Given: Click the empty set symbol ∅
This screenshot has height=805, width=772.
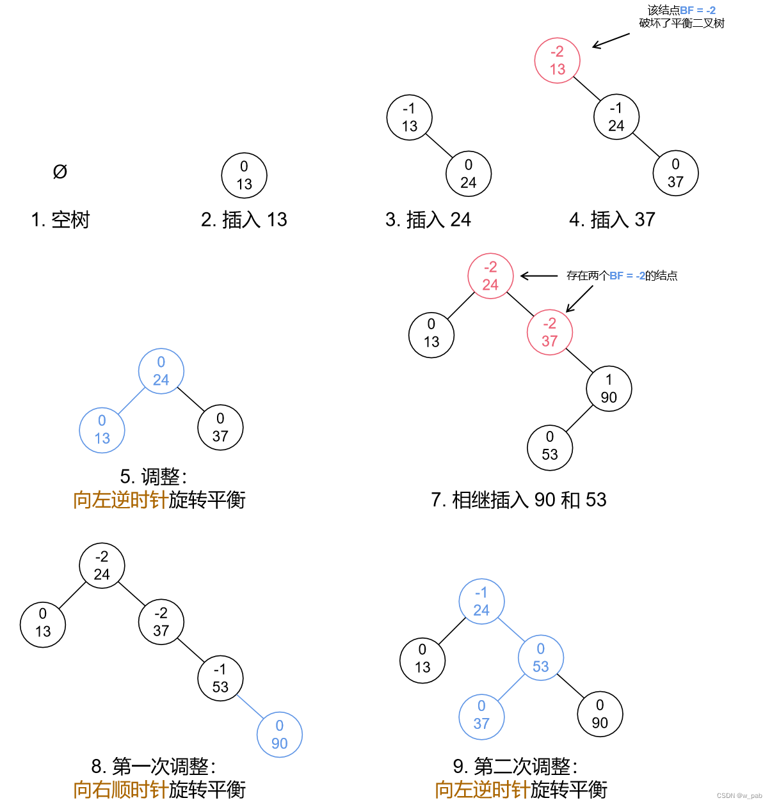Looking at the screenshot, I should tap(60, 171).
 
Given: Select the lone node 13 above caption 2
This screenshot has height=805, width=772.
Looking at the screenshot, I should tap(244, 176).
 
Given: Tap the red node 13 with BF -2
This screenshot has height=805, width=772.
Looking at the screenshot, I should tap(558, 61).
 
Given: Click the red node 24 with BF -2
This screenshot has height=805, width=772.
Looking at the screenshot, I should tap(490, 276).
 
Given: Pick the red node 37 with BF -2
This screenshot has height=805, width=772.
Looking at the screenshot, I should tap(549, 332).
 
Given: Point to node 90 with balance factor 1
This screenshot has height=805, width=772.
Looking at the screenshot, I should tap(609, 389).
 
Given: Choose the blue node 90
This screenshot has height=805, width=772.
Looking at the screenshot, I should tap(279, 735).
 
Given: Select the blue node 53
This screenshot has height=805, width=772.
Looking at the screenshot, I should tap(541, 658).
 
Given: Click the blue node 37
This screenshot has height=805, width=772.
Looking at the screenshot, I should tap(481, 715).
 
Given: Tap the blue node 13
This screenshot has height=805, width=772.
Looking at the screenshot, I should tap(102, 430).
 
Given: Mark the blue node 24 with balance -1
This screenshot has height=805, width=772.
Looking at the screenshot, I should tap(481, 602).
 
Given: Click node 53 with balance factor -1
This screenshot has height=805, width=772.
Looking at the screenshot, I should tap(220, 678).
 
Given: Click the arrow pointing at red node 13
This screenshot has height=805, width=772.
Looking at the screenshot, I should tap(611, 40).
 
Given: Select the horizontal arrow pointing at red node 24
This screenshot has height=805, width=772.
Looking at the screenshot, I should tap(539, 276).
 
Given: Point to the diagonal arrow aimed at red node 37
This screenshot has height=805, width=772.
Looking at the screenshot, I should tap(579, 299).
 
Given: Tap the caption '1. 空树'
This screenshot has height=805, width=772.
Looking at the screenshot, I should tap(60, 220).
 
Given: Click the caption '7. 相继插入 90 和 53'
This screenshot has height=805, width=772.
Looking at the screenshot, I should tap(519, 500).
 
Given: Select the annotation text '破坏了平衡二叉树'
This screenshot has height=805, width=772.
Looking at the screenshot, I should tap(682, 24).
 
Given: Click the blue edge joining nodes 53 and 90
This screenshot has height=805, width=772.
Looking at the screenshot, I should tap(250, 707).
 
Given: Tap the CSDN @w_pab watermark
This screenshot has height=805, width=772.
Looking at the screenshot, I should tap(739, 796).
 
